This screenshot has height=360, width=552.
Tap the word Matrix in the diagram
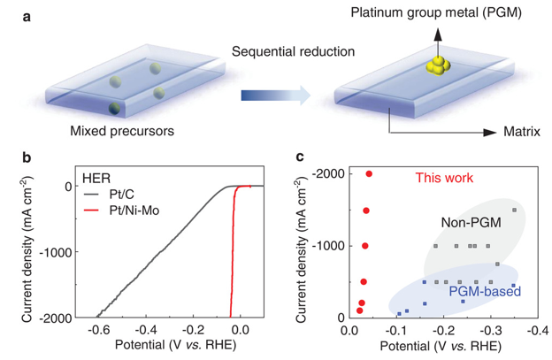click(523, 134)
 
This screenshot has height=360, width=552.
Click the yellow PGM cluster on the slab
click(436, 67)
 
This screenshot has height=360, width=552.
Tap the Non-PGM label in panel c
click(467, 224)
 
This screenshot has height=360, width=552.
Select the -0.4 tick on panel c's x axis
click(530, 330)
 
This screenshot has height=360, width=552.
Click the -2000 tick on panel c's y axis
click(325, 174)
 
